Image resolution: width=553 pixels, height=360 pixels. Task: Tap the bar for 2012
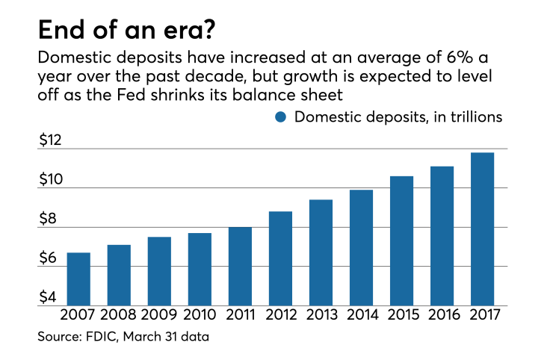pos(280,258)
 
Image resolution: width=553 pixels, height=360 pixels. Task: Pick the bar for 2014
pos(361,247)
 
